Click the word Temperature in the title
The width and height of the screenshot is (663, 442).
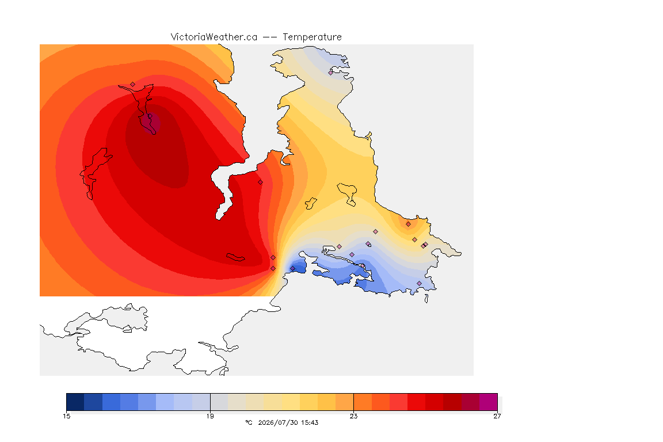click(312, 37)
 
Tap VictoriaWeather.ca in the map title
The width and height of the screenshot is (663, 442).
click(214, 37)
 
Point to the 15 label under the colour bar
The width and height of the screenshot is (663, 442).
click(66, 416)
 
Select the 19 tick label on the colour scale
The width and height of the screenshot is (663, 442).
click(210, 416)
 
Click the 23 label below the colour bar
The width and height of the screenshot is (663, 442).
click(353, 416)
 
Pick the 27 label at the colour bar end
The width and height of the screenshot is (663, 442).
click(497, 416)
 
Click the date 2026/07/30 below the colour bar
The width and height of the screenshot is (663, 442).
click(278, 422)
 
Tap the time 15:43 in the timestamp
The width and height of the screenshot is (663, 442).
click(310, 422)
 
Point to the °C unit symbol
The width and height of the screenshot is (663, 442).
click(249, 422)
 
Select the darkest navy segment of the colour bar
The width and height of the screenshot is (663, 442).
click(75, 402)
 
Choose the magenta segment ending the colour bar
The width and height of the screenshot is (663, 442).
click(489, 402)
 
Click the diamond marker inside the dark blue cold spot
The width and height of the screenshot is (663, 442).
click(292, 269)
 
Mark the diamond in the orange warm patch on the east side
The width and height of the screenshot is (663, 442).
click(408, 224)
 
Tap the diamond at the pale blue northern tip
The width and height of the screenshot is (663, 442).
click(331, 73)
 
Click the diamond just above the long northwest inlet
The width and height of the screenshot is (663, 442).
click(133, 85)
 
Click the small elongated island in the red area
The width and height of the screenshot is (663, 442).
click(235, 257)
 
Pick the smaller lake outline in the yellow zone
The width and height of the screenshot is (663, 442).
click(311, 204)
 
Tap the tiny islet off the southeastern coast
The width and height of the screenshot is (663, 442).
click(426, 299)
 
